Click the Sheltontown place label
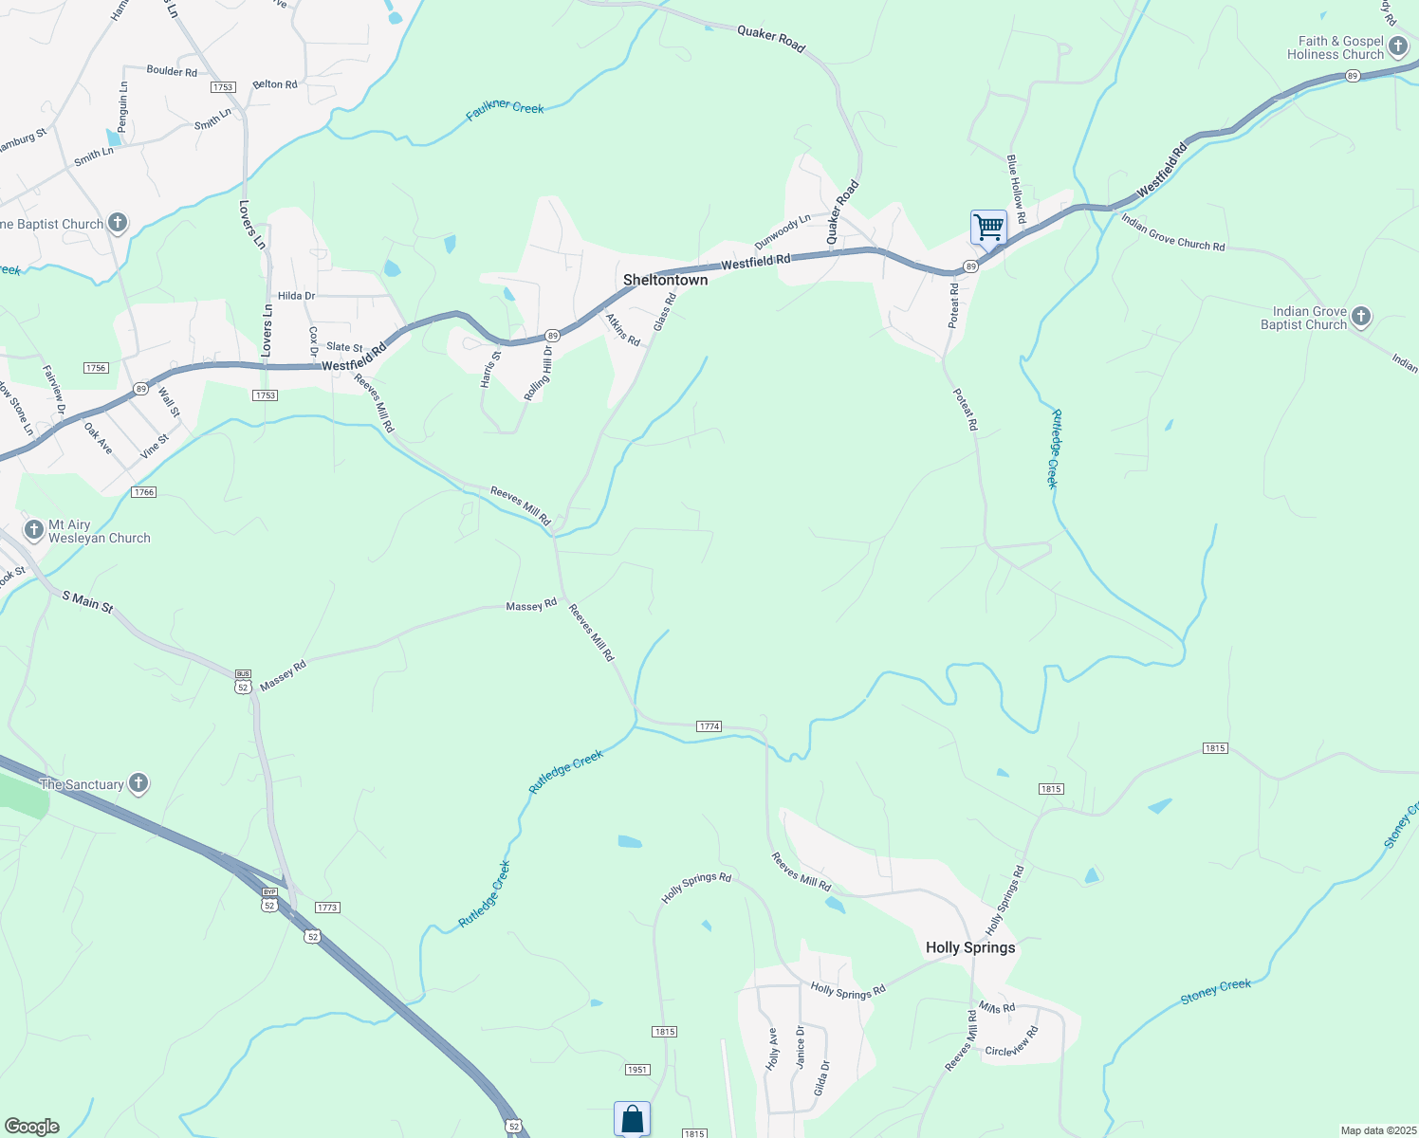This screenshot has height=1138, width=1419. coord(665,280)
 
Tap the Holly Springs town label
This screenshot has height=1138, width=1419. coord(970,947)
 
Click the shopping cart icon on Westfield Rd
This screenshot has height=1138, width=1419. coord(988,228)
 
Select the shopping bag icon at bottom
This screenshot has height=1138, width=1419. coord(632,1119)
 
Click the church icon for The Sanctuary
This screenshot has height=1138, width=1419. coord(138,783)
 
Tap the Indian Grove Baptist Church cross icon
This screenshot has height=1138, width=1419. coord(1361,317)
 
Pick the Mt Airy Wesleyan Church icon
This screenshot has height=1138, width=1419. coord(34,529)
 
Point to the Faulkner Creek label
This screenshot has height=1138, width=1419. coord(505,111)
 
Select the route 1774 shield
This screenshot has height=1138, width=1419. coord(709,726)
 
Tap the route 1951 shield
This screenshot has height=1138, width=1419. coord(637,1070)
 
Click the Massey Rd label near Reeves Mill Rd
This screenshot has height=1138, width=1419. coord(531,605)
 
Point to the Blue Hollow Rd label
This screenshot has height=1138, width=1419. coord(1016,189)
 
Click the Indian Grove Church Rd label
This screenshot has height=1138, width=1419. coord(1172,232)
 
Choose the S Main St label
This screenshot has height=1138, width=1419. coord(87,601)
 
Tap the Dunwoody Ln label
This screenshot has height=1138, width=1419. coord(783,231)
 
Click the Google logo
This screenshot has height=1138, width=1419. coord(31,1126)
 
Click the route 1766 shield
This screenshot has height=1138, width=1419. coord(144,492)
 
